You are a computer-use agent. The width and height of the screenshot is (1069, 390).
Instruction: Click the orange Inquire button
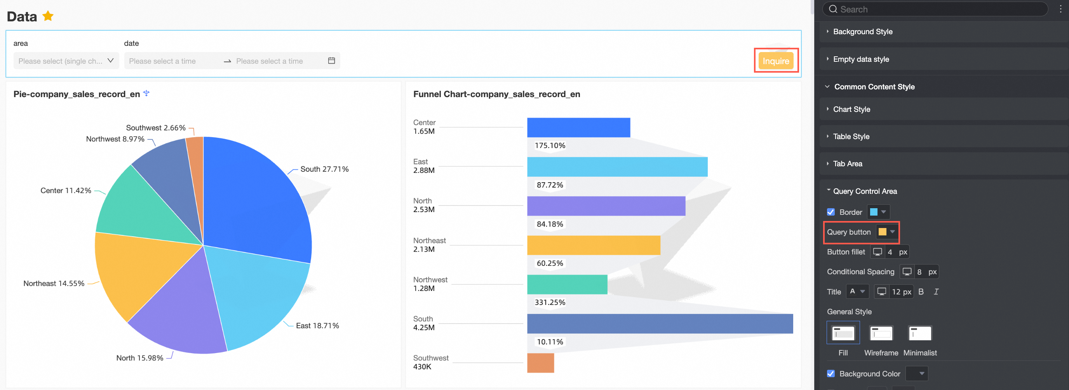pos(776,61)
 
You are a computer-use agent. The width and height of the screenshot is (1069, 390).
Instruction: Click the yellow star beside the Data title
pos(48,16)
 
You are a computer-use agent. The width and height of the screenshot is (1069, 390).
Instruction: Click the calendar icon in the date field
pos(331,61)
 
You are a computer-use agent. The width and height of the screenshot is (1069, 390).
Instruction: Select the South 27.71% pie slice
pos(257,199)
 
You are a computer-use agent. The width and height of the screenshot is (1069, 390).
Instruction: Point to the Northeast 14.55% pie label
pos(54,284)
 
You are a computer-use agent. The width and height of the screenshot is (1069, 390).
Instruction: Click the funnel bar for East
pos(617,167)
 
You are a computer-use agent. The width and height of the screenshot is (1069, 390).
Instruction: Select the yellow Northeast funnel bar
pos(593,245)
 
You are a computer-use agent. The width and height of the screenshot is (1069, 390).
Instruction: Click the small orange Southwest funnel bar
pos(540,363)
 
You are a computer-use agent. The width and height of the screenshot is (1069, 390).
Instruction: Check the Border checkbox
pos(831,212)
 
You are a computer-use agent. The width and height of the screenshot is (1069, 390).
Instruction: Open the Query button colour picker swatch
pos(886,232)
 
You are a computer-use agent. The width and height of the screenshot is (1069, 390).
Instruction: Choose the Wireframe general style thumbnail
pos(881,333)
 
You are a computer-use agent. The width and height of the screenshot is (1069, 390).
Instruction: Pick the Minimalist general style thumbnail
pos(919,333)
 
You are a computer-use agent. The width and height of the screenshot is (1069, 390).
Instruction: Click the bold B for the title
pos(921,292)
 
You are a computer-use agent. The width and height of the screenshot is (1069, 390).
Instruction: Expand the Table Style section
pos(851,136)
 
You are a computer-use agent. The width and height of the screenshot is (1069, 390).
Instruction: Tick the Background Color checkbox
pos(831,374)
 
